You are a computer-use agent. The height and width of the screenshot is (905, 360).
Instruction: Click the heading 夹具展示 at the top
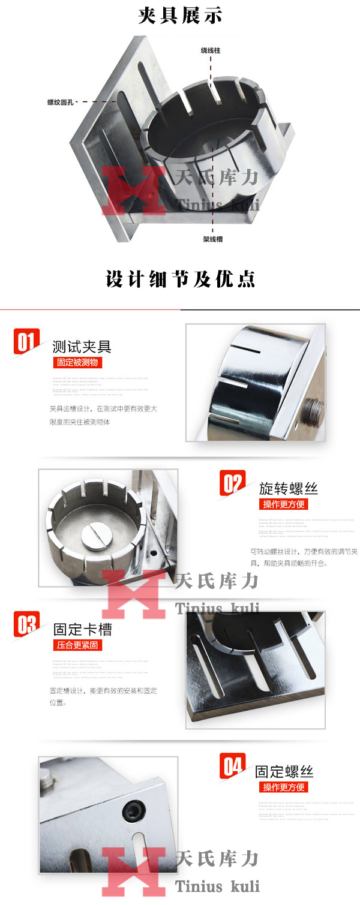[180, 15]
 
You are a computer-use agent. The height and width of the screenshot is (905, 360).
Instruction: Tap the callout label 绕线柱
[211, 51]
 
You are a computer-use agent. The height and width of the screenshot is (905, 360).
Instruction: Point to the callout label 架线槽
[213, 239]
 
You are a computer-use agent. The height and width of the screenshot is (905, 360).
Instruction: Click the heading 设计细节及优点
[180, 279]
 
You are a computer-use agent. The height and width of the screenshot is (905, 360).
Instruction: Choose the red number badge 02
[232, 483]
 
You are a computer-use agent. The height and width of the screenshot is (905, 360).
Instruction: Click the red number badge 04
[232, 766]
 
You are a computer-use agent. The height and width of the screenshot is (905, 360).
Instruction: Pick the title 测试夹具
[82, 347]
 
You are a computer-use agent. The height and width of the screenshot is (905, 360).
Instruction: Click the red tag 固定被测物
[77, 362]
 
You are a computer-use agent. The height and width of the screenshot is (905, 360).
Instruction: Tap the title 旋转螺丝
[289, 488]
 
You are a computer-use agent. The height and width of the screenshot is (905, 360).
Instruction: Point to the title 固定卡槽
[82, 630]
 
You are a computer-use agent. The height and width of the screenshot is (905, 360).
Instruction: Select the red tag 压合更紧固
[77, 645]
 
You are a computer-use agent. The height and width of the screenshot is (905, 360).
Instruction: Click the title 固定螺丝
[284, 771]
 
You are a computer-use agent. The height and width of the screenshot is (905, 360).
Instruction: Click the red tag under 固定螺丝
[283, 787]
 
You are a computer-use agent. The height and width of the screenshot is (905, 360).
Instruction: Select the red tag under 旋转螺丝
[283, 504]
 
